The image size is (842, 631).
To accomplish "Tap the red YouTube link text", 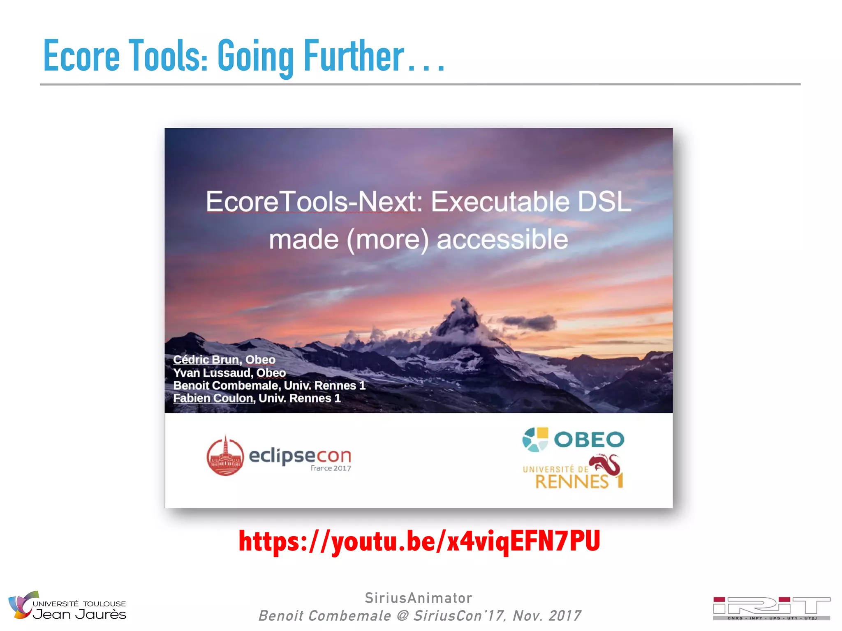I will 419,541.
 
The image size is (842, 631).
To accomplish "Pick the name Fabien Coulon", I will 213,398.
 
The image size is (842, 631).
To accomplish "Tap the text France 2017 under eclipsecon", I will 331,468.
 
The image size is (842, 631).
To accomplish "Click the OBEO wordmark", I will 589,440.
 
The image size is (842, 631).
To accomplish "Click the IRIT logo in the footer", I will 771,608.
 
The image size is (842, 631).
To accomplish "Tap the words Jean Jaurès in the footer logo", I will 79,615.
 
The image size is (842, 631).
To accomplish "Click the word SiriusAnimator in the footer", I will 419,598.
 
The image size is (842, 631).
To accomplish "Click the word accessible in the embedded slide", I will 502,240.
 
